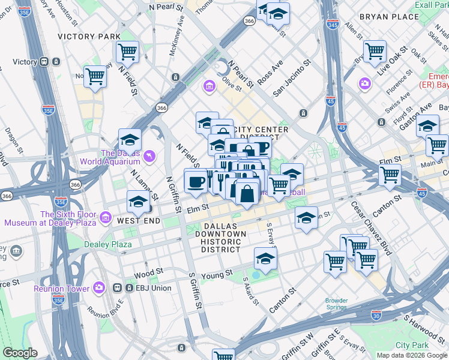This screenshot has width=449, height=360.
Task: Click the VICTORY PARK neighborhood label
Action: [x=89, y=37]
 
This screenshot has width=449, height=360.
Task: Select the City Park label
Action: [x=412, y=346]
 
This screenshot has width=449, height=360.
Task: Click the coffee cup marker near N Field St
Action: [x=195, y=181]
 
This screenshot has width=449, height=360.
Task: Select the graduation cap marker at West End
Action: [x=138, y=202]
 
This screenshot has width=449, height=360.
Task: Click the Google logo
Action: [x=20, y=353]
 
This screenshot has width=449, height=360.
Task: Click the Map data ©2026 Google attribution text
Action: [x=412, y=355]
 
